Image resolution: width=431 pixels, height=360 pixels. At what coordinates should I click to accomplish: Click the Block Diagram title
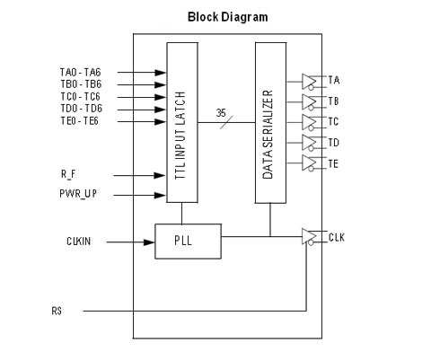[x=228, y=17]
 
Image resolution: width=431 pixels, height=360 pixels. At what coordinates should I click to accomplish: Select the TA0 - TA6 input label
[x=81, y=73]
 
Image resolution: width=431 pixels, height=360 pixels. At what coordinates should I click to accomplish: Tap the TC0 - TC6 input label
[x=81, y=97]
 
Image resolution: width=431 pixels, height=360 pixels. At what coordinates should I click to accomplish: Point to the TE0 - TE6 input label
[x=80, y=121]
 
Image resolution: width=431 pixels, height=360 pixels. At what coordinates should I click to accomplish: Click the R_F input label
[x=68, y=174]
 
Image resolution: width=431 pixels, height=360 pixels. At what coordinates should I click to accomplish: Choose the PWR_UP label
[x=78, y=194]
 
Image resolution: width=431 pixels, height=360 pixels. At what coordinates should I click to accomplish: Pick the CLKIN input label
[x=79, y=241]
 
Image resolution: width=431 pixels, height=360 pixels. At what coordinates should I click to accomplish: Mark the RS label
[x=57, y=311]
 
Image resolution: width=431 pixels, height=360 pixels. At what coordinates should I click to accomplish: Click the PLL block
[x=188, y=241]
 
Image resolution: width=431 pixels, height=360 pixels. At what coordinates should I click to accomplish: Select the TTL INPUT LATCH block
[x=182, y=122]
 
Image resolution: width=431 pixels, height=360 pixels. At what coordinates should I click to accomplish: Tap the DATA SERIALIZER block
[x=270, y=123]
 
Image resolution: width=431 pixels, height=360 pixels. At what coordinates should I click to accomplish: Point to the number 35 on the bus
[x=221, y=113]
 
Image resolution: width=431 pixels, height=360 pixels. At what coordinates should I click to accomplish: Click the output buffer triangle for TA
[x=309, y=82]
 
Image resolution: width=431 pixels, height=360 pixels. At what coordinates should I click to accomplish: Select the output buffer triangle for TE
[x=309, y=162]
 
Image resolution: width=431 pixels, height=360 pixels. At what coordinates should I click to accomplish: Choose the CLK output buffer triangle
[x=309, y=236]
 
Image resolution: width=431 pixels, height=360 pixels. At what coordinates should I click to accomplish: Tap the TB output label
[x=333, y=101]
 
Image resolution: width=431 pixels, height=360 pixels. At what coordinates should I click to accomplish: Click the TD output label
[x=334, y=143]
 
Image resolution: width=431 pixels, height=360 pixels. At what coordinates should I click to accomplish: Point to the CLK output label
[x=337, y=237]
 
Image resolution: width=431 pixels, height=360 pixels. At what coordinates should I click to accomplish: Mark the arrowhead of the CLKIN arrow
[x=149, y=242]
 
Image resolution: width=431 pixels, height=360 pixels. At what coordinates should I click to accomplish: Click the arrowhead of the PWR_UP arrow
[x=160, y=196]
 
